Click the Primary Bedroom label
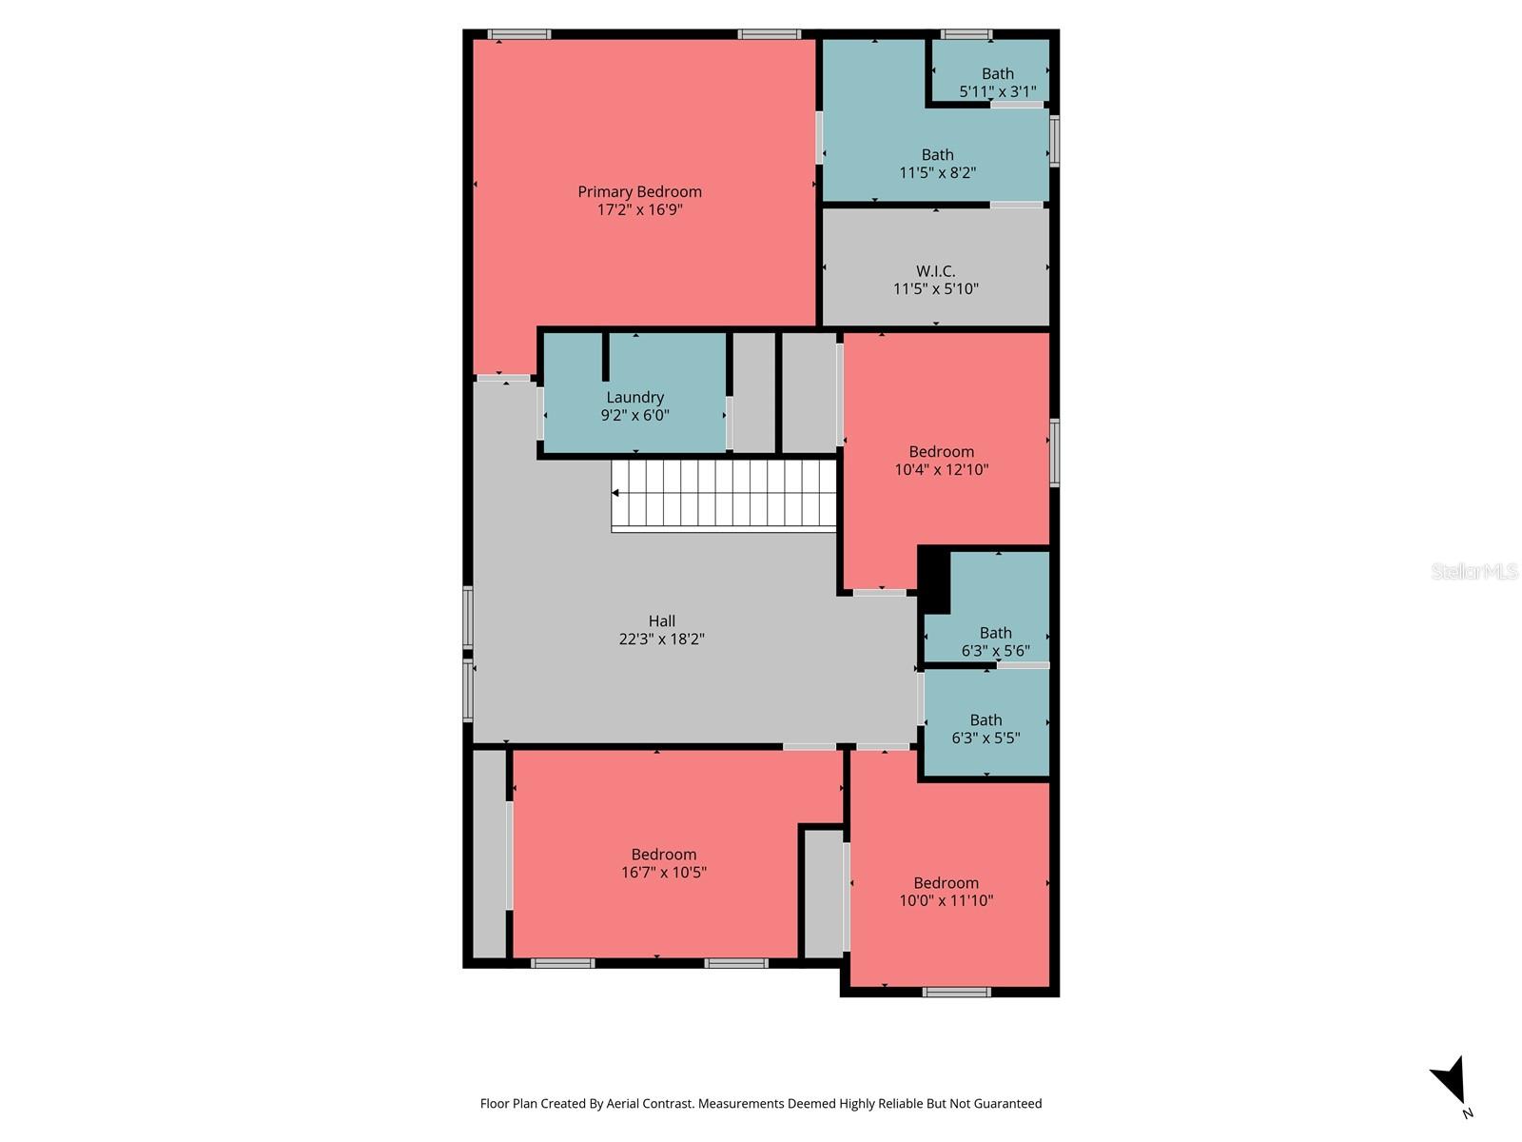click(639, 191)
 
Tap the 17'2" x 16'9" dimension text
click(639, 209)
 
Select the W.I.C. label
click(935, 271)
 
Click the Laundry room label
click(634, 397)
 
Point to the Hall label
click(661, 620)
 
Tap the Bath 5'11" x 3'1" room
click(997, 74)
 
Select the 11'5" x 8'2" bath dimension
click(937, 172)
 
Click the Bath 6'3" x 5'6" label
click(995, 633)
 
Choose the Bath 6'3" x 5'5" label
click(985, 720)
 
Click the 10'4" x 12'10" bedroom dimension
click(941, 469)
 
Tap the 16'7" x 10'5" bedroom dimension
click(663, 872)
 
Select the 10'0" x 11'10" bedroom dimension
click(946, 900)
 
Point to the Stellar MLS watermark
click(1473, 571)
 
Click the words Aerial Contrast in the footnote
click(650, 1104)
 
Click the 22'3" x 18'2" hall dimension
click(661, 639)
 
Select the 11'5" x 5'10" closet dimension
click(935, 288)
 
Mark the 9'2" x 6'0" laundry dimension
click(634, 415)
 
